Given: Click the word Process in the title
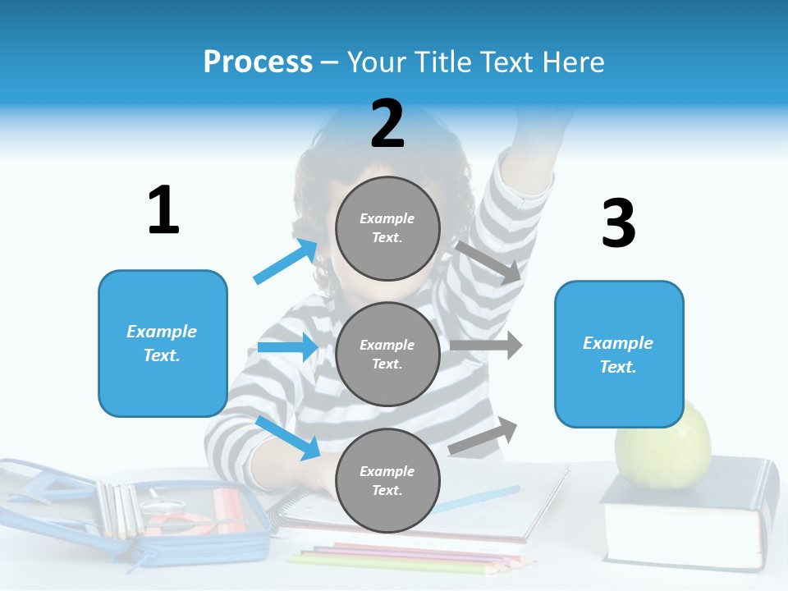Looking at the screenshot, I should click(x=258, y=62).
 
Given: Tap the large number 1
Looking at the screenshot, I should click(x=163, y=211).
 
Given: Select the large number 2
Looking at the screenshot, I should click(x=387, y=124).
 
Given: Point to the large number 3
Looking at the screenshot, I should click(x=618, y=224).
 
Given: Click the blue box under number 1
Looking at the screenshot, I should click(x=163, y=343).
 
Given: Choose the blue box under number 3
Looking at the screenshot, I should click(x=619, y=355).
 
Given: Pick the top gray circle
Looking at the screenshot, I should click(x=387, y=228).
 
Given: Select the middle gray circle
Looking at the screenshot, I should click(x=387, y=354).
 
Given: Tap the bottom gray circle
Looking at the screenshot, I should click(x=387, y=480).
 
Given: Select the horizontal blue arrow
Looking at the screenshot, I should click(x=287, y=347).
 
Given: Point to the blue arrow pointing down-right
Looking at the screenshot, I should click(x=288, y=438).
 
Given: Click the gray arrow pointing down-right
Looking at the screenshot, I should click(x=489, y=262).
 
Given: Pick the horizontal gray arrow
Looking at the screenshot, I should click(x=486, y=346).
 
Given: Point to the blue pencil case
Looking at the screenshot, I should click(x=131, y=509).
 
